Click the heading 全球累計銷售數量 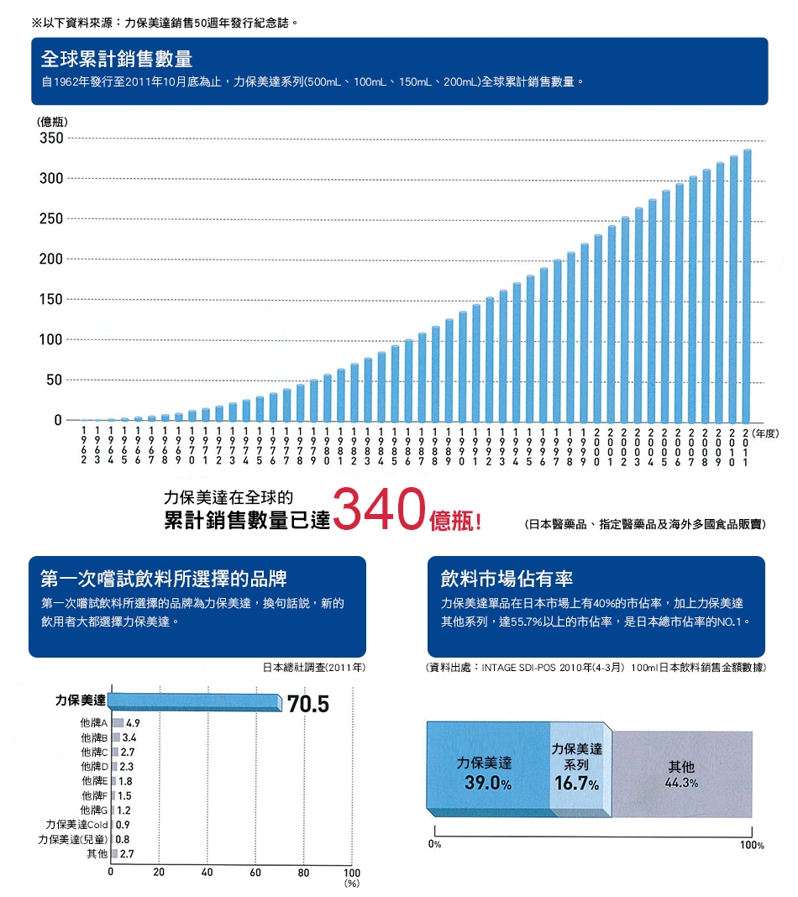117,60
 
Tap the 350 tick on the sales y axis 51,139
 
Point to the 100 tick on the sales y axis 51,340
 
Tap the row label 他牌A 91,722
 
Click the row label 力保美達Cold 76,825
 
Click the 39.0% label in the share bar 483,784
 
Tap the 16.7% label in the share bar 577,784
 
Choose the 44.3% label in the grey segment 680,783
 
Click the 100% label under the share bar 752,845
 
